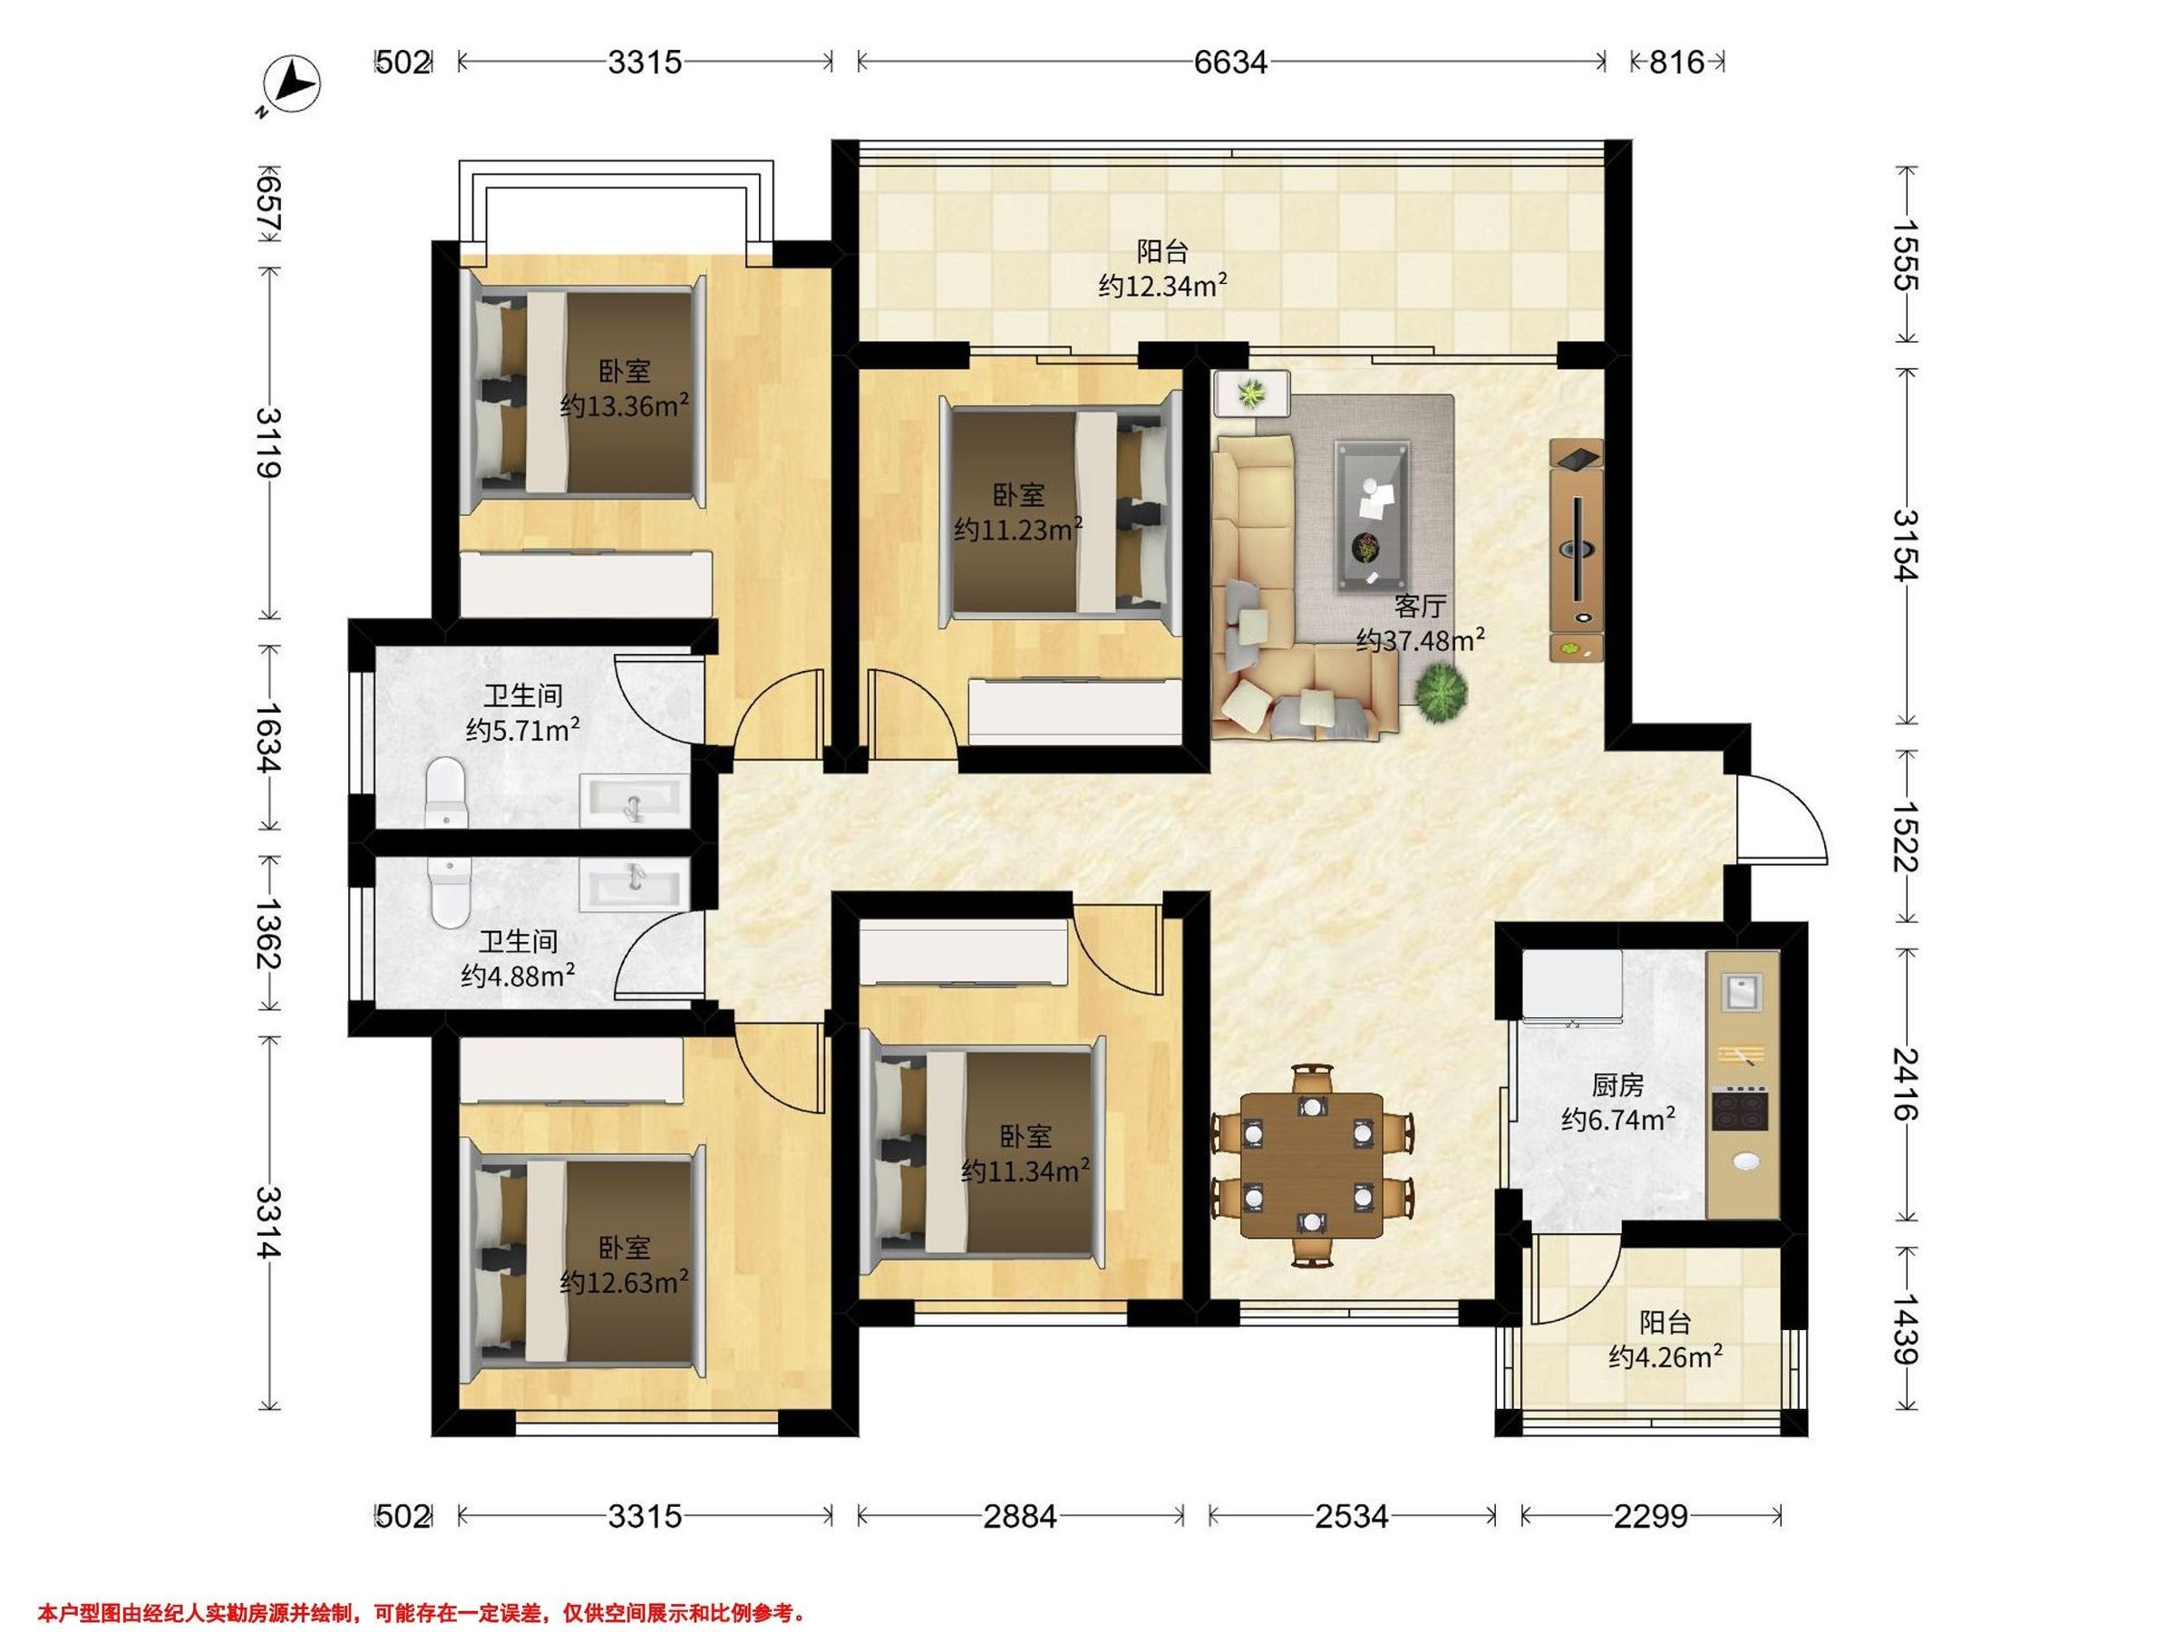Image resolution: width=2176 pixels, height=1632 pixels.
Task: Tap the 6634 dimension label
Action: tap(1230, 63)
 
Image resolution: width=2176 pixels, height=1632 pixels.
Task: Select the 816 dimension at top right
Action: tap(1676, 63)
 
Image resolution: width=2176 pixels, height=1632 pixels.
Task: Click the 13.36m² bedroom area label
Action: tap(624, 405)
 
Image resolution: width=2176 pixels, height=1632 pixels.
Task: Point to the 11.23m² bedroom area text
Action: tap(1018, 529)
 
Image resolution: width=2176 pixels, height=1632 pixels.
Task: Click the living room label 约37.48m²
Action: tap(1420, 640)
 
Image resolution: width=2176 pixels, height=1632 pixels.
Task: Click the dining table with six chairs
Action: tap(1312, 1165)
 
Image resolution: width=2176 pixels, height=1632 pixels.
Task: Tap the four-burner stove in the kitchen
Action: tap(1741, 1109)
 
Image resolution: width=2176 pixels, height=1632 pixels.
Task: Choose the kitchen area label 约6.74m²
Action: tap(1618, 1120)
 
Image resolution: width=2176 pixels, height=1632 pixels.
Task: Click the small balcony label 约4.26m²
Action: tap(1666, 1357)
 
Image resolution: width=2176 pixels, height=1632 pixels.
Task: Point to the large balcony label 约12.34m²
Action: tap(1162, 286)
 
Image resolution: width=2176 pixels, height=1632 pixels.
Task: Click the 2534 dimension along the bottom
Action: tap(1352, 1516)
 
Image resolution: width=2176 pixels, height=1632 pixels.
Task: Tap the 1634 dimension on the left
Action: tap(268, 738)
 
